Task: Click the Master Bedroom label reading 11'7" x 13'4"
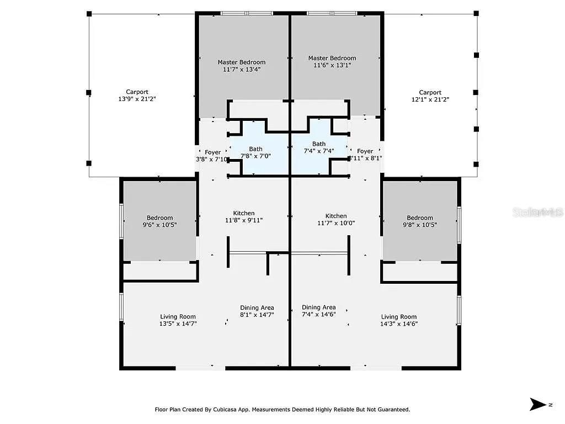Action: pyautogui.click(x=241, y=66)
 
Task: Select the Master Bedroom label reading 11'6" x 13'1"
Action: pyautogui.click(x=332, y=61)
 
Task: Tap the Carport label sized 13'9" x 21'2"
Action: pyautogui.click(x=137, y=96)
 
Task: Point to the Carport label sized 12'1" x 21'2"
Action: pyautogui.click(x=430, y=96)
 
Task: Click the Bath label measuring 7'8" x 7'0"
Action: pyautogui.click(x=255, y=152)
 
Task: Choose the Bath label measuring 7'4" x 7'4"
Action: pyautogui.click(x=319, y=147)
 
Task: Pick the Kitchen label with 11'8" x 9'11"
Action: pyautogui.click(x=243, y=216)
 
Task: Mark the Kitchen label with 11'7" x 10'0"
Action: pyautogui.click(x=336, y=220)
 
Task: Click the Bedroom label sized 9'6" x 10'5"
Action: pyautogui.click(x=159, y=221)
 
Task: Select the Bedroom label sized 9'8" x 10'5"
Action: pyautogui.click(x=420, y=221)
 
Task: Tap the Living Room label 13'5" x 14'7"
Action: pyautogui.click(x=178, y=320)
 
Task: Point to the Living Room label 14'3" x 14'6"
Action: pyautogui.click(x=399, y=320)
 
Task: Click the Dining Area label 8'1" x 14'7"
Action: pyautogui.click(x=257, y=311)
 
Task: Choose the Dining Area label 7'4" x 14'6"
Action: pyautogui.click(x=318, y=311)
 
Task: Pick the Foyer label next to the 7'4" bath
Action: pyautogui.click(x=365, y=155)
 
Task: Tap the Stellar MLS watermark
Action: pyautogui.click(x=537, y=212)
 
